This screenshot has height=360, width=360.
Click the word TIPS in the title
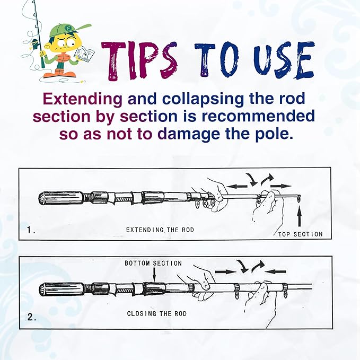tap(139, 61)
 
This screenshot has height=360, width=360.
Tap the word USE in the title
tap(284, 60)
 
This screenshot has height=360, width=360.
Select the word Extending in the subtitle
tap(83, 99)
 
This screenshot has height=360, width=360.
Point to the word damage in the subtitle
tap(189, 134)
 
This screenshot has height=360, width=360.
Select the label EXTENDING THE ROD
tap(160, 230)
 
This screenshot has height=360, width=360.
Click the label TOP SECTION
tap(300, 234)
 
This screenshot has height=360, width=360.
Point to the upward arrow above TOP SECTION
tap(299, 216)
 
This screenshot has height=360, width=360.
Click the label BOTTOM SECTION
tap(153, 263)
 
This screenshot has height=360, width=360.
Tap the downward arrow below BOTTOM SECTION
tap(154, 274)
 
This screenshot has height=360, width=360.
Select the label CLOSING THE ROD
tap(157, 313)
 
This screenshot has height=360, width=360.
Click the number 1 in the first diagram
tap(31, 230)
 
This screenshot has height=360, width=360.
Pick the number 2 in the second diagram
tap(32, 317)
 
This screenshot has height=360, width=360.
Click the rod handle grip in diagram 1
tap(62, 198)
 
